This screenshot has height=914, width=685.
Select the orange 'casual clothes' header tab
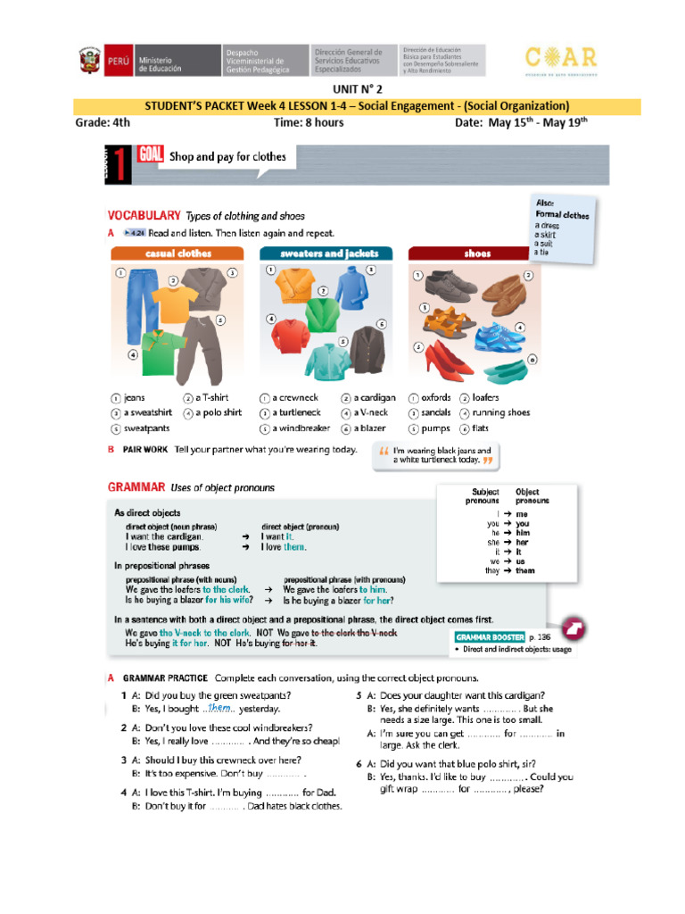coord(177,253)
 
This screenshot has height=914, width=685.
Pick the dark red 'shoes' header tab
coord(477,253)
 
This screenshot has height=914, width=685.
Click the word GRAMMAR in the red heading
coord(136,487)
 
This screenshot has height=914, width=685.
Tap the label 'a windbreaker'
coord(301,428)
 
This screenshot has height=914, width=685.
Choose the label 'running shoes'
coord(501,412)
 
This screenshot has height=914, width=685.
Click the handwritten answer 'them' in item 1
coord(219,707)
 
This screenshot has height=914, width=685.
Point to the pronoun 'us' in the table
coord(522,561)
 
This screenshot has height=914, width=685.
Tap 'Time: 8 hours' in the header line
coord(309,123)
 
